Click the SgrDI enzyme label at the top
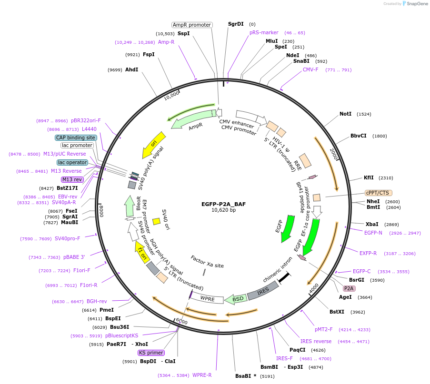coord(235,24)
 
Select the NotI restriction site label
coord(345,114)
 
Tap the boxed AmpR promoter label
coord(192,25)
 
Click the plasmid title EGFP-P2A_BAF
coord(223,204)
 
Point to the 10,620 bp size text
coord(223,210)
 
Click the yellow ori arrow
coord(155,144)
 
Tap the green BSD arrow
coord(236,298)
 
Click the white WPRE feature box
coord(208,298)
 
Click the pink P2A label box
coord(349,288)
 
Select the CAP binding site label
coord(76,138)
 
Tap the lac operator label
coord(72,162)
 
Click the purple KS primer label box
coord(151,353)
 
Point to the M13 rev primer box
coord(72,179)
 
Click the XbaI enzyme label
coord(371,224)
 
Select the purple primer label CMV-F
coord(310,69)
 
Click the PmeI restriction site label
coord(106,310)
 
